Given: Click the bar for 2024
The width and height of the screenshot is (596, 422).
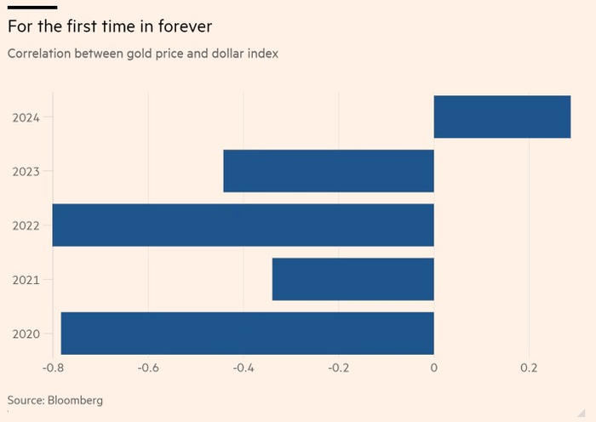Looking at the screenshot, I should click(501, 117).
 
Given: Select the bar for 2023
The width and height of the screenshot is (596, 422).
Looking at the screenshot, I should click(329, 171).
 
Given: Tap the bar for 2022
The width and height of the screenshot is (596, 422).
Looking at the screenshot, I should click(243, 225).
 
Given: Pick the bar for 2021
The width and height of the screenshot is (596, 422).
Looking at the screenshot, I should click(352, 279).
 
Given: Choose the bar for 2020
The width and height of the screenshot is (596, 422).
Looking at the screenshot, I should click(247, 334).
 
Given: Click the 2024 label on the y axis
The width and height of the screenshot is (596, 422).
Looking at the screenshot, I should click(26, 117).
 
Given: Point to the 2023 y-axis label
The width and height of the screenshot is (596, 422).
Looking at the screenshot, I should click(26, 172).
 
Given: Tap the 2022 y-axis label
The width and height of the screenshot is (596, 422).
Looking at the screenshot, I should click(26, 225).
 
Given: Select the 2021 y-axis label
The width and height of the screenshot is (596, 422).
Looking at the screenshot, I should click(26, 280).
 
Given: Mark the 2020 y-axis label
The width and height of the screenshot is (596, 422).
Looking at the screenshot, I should click(26, 334).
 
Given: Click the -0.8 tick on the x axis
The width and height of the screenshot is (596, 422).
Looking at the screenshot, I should click(53, 368).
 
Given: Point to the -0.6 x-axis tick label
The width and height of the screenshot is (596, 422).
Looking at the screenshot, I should click(148, 368).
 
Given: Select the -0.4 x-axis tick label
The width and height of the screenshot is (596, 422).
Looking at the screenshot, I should click(244, 368).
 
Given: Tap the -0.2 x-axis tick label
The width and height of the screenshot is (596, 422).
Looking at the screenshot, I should click(339, 368).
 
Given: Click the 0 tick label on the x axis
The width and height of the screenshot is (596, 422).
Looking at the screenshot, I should click(434, 368).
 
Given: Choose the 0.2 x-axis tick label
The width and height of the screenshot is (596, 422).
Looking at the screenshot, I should click(530, 368).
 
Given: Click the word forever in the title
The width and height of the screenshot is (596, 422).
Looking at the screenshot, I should click(181, 26).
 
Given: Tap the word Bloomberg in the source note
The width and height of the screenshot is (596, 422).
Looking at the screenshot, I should click(75, 399).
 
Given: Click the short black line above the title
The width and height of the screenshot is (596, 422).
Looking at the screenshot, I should click(32, 7).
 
